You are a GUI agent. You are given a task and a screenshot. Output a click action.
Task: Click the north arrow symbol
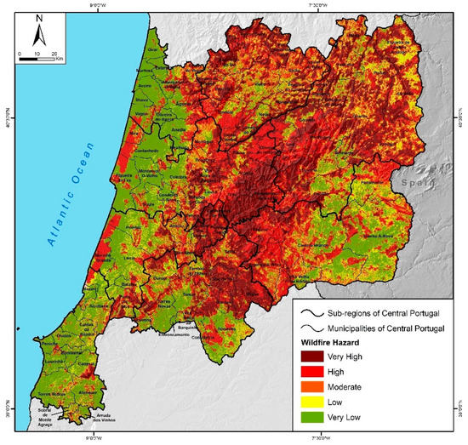click(x=37, y=36)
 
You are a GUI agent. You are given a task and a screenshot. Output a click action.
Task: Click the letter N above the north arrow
click(x=37, y=23)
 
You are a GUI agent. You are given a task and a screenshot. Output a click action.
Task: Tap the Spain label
click(x=415, y=181)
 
